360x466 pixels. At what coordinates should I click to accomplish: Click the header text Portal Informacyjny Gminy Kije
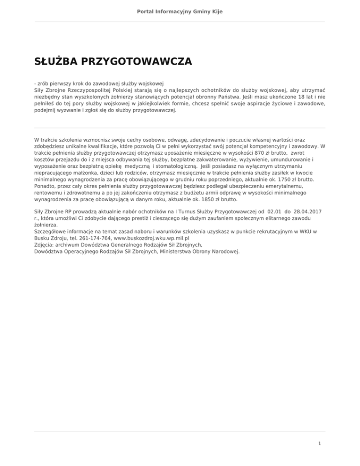(x=180, y=11)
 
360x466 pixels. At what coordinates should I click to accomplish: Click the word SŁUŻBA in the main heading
(x=55, y=61)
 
